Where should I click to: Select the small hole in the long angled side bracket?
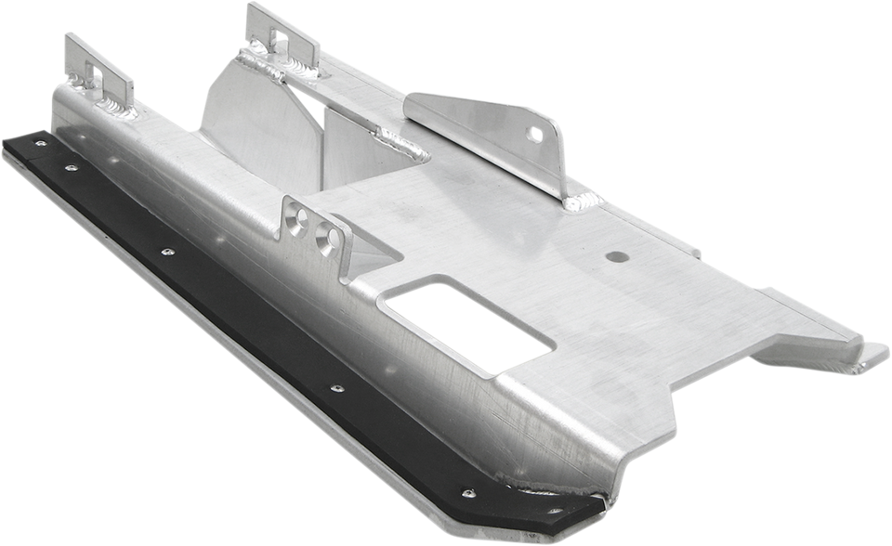click(x=536, y=136)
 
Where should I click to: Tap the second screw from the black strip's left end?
click(x=69, y=169)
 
